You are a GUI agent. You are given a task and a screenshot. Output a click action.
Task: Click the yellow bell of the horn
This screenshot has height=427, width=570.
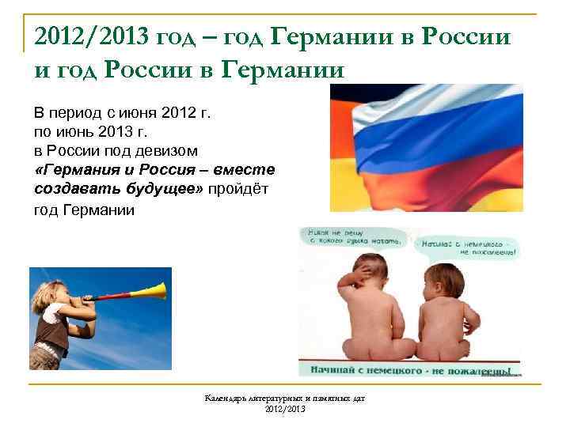pyautogui.click(x=160, y=290)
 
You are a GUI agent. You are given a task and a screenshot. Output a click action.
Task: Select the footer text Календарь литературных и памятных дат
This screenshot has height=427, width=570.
pyautogui.click(x=283, y=401)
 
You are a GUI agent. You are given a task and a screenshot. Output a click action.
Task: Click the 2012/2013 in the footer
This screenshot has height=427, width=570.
pyautogui.click(x=283, y=411)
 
